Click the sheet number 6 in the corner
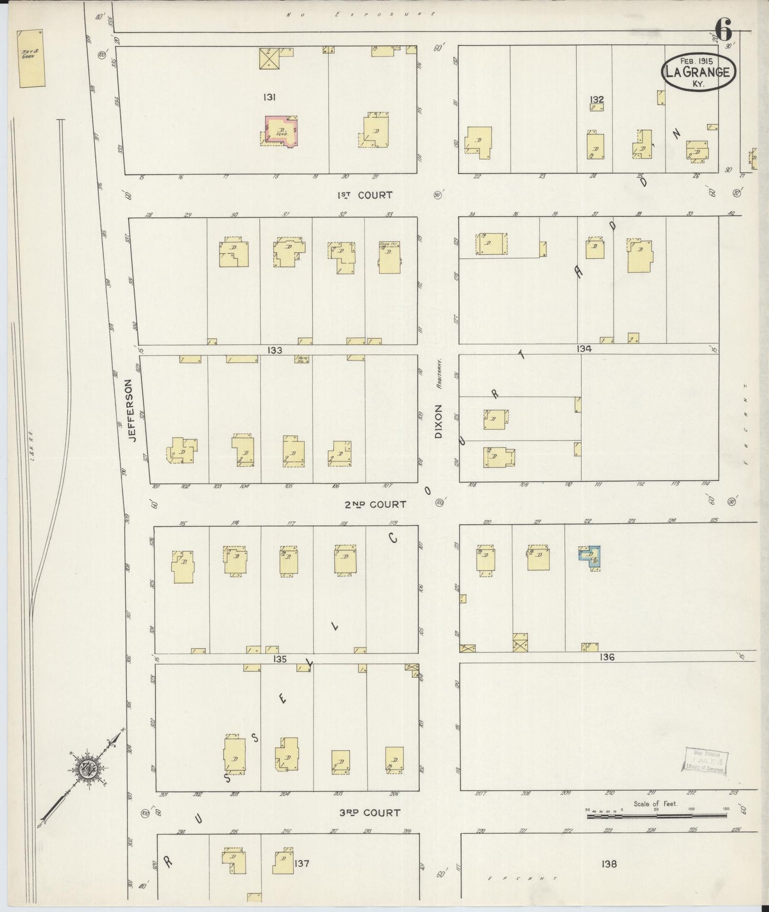pyautogui.click(x=723, y=29)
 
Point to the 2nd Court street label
pyautogui.click(x=379, y=504)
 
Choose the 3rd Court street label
pyautogui.click(x=370, y=813)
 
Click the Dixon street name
pyautogui.click(x=439, y=421)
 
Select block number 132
pyautogui.click(x=597, y=99)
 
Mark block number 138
pyautogui.click(x=609, y=864)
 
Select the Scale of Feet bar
pyautogui.click(x=657, y=815)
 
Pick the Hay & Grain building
pyautogui.click(x=31, y=59)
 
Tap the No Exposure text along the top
pyautogui.click(x=361, y=14)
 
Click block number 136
pyautogui.click(x=606, y=657)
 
